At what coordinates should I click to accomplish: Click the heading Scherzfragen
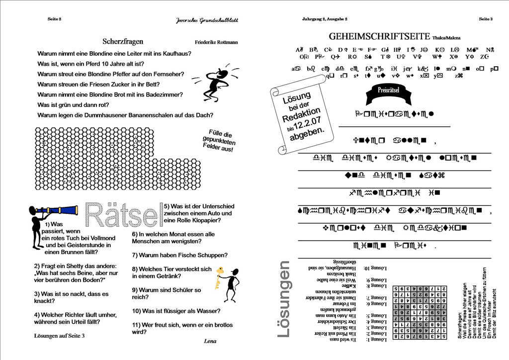123,42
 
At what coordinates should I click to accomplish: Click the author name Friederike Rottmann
217,43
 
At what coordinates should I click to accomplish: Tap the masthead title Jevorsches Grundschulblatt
207,20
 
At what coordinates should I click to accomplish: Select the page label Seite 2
54,19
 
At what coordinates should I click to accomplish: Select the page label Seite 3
486,19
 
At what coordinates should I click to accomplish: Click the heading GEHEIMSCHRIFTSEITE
380,36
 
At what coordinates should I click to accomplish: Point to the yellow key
219,278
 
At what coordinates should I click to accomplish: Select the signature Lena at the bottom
210,341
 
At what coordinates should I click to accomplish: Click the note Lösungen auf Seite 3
59,336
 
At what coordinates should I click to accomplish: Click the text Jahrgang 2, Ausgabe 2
325,19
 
